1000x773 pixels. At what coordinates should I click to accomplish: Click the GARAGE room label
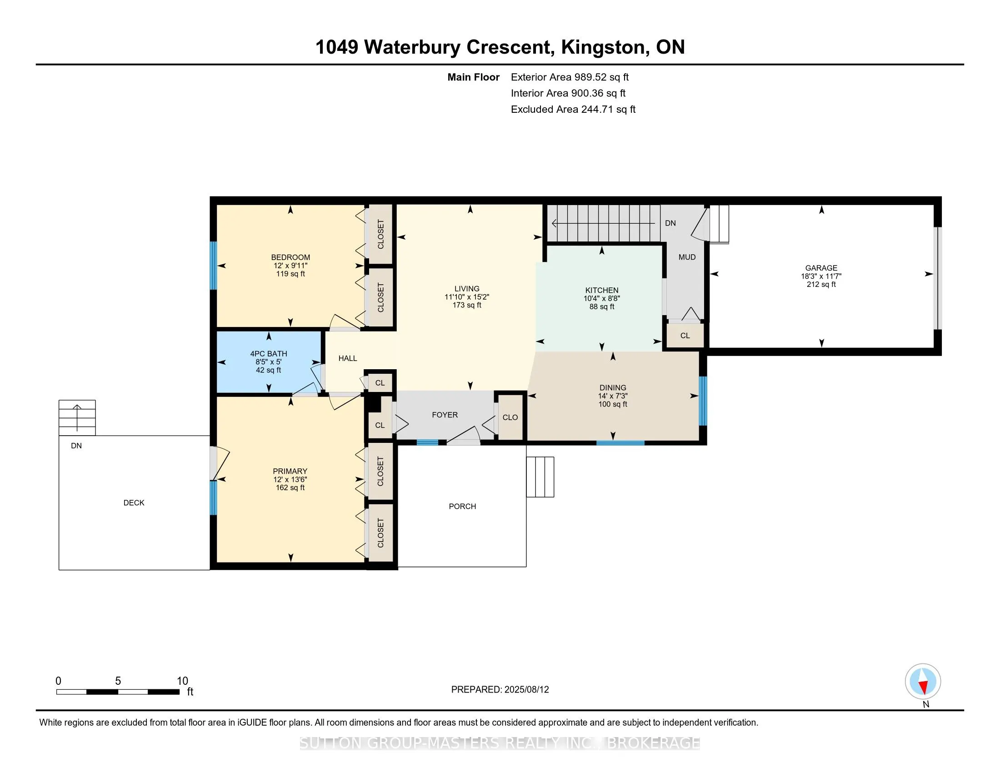tap(821, 268)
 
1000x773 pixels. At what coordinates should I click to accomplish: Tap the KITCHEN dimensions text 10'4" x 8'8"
tap(602, 299)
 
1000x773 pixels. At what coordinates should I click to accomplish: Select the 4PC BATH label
tap(268, 353)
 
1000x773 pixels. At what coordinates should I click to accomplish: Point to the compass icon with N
tap(923, 682)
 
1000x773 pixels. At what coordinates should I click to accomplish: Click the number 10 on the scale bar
tap(182, 681)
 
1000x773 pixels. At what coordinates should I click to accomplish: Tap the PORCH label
tap(462, 507)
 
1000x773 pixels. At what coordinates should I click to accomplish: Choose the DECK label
tap(134, 503)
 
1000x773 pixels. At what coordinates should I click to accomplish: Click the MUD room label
tap(687, 257)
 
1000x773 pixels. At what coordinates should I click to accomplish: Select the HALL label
tap(348, 359)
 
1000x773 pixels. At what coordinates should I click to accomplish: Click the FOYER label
tap(445, 415)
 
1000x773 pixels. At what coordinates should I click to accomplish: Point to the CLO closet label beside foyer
tap(510, 417)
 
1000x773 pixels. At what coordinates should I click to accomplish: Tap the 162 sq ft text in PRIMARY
tap(290, 488)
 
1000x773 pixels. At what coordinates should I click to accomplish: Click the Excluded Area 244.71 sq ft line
tap(573, 110)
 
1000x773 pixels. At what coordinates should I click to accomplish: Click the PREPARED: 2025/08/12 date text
tap(500, 690)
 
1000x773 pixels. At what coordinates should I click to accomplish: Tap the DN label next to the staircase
tap(670, 223)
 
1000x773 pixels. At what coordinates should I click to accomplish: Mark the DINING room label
tap(613, 388)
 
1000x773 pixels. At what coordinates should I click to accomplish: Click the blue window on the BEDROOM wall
tap(213, 265)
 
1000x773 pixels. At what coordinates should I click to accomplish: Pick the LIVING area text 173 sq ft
tap(466, 305)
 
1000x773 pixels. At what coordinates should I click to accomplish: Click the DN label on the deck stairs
tap(76, 446)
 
